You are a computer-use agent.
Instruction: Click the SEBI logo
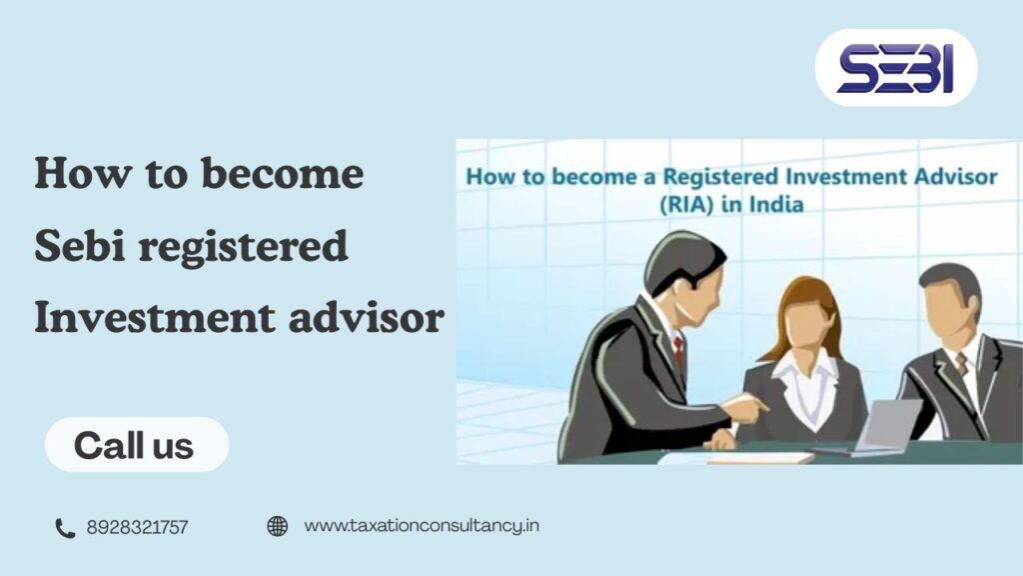pyautogui.click(x=895, y=69)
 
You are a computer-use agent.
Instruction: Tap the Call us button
pyautogui.click(x=135, y=445)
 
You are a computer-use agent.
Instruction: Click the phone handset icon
pyautogui.click(x=65, y=527)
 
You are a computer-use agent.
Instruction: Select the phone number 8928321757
pyautogui.click(x=137, y=527)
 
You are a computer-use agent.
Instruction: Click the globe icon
pyautogui.click(x=278, y=526)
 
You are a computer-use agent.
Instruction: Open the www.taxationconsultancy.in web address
pyautogui.click(x=421, y=525)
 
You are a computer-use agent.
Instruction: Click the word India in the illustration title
pyautogui.click(x=775, y=206)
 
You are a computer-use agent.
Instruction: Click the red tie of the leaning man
pyautogui.click(x=678, y=350)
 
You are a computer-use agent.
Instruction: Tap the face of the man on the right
pyautogui.click(x=949, y=309)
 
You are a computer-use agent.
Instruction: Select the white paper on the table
pyautogui.click(x=760, y=457)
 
